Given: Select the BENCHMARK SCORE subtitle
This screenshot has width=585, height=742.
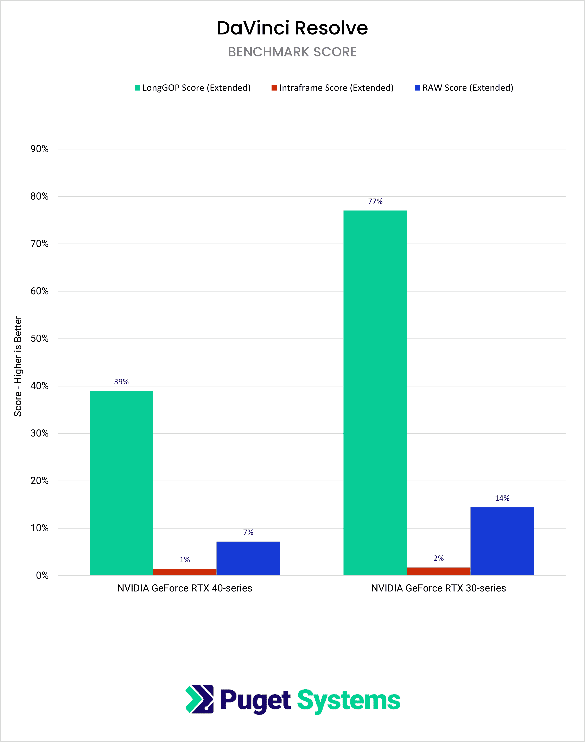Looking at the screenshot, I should pos(292,52).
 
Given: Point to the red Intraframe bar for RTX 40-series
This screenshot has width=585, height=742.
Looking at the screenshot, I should pos(185,572).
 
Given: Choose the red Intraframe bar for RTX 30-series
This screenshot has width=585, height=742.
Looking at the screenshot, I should pos(438,571).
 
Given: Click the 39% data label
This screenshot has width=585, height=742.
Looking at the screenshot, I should pos(121,382).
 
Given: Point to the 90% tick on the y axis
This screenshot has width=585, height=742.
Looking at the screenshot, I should pos(39,149).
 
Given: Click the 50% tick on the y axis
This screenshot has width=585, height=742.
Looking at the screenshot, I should pos(39,339).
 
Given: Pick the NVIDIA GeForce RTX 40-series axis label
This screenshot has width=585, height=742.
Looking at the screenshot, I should pos(185,588).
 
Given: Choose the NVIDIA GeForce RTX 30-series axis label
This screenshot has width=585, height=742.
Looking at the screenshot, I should pos(438,588).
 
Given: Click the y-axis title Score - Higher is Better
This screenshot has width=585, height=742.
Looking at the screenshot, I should pos(18,366).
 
